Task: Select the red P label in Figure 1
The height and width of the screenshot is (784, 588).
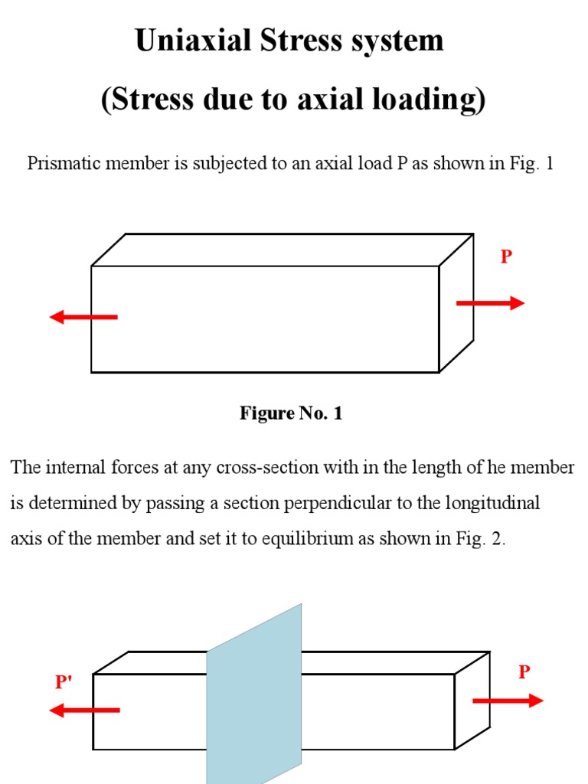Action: (505, 257)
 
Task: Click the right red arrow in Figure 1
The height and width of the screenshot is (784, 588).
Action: (490, 303)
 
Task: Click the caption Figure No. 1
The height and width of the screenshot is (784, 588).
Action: (291, 413)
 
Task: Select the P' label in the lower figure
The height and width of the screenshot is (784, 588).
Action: (64, 681)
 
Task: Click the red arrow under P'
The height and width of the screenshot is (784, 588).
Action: (83, 710)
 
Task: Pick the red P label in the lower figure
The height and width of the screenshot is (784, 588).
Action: (524, 672)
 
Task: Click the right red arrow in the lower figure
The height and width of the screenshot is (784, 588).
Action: (508, 701)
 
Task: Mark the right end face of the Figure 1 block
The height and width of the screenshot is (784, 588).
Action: (456, 302)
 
